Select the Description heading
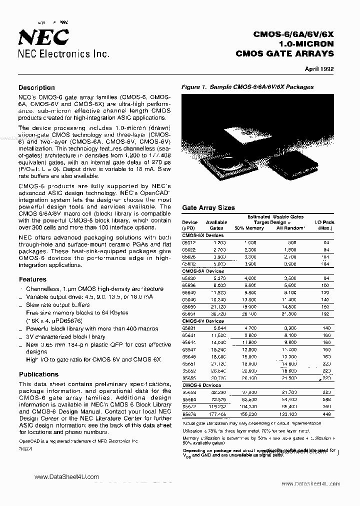click(36, 87)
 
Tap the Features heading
click(32, 279)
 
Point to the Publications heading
click(38, 374)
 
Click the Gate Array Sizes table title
click(208, 207)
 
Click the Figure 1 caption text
click(247, 87)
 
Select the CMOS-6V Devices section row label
click(203, 320)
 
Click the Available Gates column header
click(216, 225)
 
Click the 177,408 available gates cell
click(216, 414)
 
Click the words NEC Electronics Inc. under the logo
click(63, 54)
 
